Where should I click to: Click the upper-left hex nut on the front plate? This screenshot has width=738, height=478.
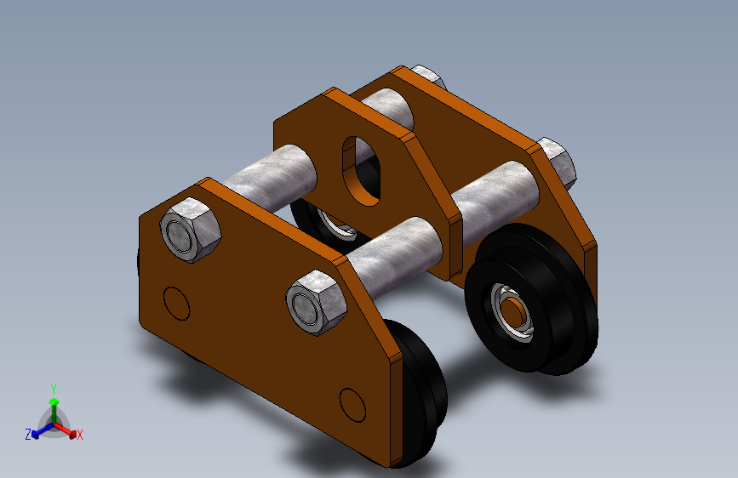[190, 230]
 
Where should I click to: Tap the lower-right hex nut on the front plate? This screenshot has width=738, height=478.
[317, 303]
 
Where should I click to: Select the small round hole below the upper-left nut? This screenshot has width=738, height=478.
[176, 304]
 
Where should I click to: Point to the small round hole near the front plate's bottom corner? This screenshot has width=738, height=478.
[352, 405]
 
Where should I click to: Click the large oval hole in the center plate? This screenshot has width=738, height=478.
[362, 171]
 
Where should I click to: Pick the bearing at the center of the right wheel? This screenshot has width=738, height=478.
[512, 312]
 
